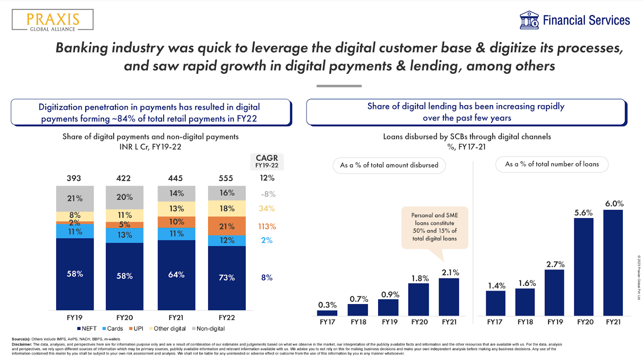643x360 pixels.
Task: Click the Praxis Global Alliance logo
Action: point(53,20)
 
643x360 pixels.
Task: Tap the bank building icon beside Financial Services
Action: point(529,20)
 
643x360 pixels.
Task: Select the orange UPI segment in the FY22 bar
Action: point(227,226)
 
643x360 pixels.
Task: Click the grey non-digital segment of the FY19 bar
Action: point(75,198)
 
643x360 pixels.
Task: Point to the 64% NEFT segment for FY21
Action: point(176,275)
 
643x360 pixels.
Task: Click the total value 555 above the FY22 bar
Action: point(226,178)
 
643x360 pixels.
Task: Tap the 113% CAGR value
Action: point(267,227)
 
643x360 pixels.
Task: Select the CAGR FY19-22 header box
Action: point(267,161)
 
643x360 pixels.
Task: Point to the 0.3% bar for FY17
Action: point(327,313)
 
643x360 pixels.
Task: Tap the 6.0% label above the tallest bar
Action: point(614,204)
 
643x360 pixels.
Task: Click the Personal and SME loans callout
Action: point(434,227)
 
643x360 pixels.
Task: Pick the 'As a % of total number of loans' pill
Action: point(552,164)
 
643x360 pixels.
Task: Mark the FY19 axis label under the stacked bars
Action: point(75,317)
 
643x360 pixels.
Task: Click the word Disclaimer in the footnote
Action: point(22,344)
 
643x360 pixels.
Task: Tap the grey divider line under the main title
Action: point(339,86)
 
